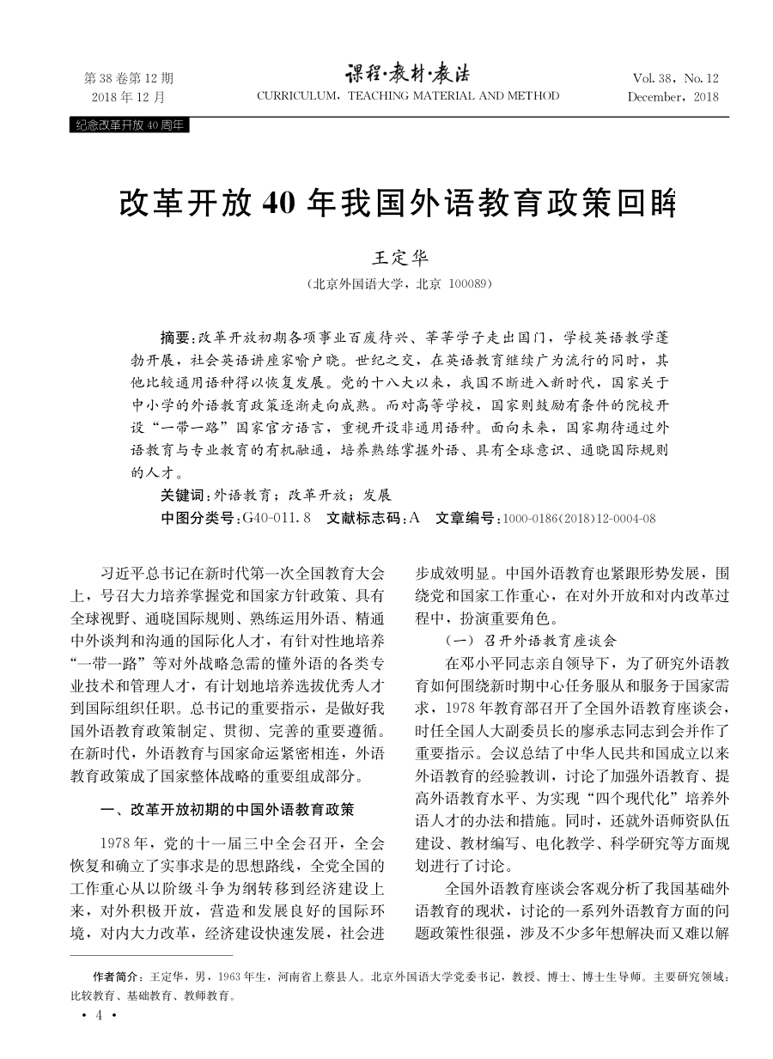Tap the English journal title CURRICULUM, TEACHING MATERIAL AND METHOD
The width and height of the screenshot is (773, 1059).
(x=408, y=96)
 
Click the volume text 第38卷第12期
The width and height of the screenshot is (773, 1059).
(x=129, y=77)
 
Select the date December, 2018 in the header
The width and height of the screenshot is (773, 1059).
(x=673, y=96)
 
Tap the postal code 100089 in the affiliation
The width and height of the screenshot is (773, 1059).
(x=467, y=283)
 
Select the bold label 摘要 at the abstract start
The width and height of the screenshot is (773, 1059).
(x=176, y=335)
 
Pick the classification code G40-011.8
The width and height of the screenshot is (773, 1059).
(x=277, y=518)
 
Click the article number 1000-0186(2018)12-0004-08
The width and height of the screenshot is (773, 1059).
(x=580, y=518)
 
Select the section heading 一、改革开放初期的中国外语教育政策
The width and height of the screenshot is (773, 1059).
(x=228, y=809)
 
